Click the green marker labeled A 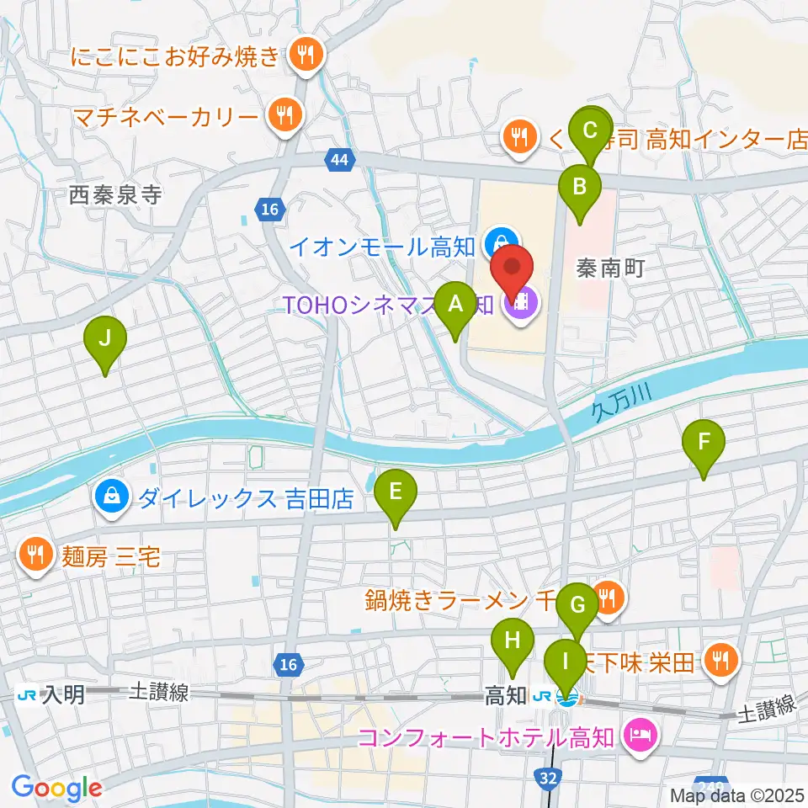455,304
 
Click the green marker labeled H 513,641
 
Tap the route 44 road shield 340,161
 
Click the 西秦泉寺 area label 115,196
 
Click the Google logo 56,788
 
